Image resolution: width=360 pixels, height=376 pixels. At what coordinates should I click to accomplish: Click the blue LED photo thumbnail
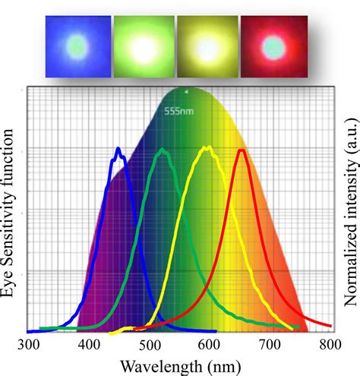76,46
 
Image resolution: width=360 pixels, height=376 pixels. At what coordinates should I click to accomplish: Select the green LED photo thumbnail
142,46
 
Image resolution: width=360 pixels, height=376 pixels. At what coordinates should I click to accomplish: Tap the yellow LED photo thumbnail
207,46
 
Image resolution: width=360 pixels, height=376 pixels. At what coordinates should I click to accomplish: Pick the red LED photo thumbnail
271,46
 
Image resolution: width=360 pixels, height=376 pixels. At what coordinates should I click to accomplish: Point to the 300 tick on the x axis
29,343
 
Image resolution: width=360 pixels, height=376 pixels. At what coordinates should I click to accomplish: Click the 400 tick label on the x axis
90,343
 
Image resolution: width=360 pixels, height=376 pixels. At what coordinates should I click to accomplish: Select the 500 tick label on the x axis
150,343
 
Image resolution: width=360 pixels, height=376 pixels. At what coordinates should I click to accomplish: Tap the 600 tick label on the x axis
210,343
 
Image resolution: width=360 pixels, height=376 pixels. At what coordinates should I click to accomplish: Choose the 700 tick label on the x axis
270,343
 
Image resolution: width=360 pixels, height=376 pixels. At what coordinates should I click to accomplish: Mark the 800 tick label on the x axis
330,343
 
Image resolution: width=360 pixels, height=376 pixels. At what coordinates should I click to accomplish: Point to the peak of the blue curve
118,150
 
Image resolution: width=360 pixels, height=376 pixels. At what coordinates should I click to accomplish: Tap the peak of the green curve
162,150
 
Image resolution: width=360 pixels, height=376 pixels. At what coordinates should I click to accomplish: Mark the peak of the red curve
242,150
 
